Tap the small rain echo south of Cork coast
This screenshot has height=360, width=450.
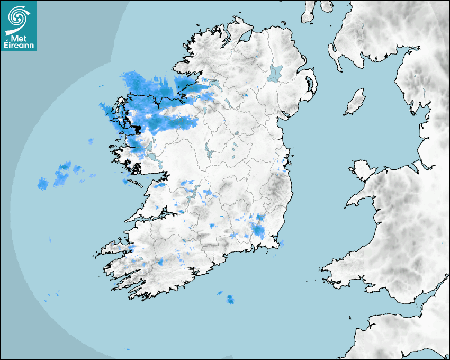(x=230, y=300)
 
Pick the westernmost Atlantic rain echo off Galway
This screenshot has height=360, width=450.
(x=43, y=184)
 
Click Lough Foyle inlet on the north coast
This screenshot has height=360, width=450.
(x=245, y=37)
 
